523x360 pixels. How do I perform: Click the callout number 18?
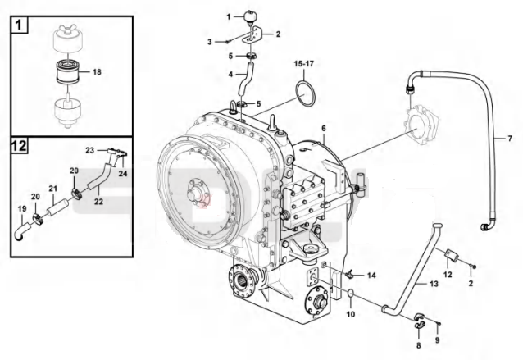(x=97, y=71)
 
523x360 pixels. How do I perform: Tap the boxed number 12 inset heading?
(x=19, y=146)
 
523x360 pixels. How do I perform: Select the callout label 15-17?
(x=304, y=63)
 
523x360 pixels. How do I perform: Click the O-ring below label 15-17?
(x=305, y=94)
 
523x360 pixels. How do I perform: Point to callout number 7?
(x=510, y=138)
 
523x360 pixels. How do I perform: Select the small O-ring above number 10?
(x=351, y=294)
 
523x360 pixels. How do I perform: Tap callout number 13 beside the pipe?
(x=434, y=284)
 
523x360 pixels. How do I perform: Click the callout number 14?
(x=371, y=276)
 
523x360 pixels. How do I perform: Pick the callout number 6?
(x=324, y=129)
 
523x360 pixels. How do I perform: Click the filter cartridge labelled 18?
(x=67, y=72)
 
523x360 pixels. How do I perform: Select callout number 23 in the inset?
(x=89, y=150)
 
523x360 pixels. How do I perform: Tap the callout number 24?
(x=123, y=174)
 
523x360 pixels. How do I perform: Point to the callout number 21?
(x=53, y=189)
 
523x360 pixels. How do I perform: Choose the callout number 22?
(x=98, y=202)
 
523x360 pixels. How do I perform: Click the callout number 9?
(x=437, y=340)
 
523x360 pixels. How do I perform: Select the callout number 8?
(x=419, y=346)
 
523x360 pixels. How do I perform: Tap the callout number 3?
(x=210, y=42)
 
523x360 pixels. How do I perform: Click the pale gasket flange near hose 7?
(x=421, y=125)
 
